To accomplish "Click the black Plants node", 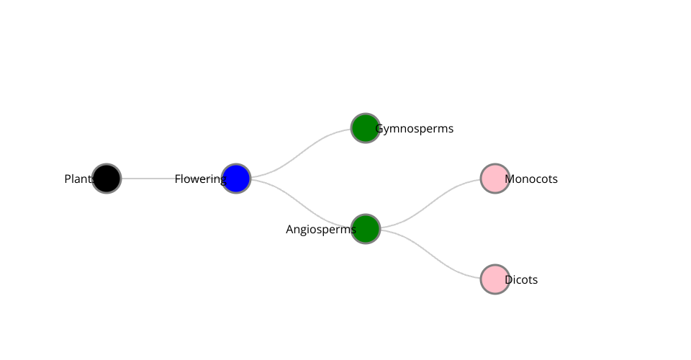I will [107, 179].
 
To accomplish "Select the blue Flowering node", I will [236, 179].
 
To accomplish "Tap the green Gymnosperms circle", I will [366, 128].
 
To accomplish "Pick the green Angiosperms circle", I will [366, 229].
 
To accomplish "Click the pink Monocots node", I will [495, 179].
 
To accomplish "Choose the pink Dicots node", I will [495, 279].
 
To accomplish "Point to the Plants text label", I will [78, 179].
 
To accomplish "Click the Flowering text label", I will [199, 179].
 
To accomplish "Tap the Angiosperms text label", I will [320, 230].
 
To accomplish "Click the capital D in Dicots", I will [509, 280].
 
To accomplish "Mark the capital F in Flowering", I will [177, 179].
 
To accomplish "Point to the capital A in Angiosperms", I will [289, 230].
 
